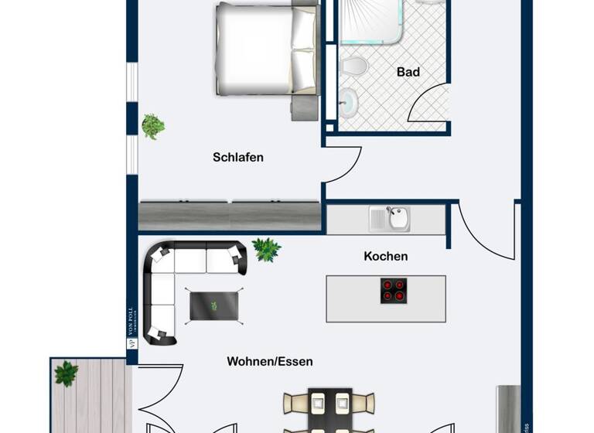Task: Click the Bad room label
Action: click(408, 72)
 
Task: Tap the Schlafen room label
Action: click(238, 157)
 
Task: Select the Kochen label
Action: click(385, 256)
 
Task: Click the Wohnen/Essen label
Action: click(270, 361)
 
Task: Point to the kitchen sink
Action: click(398, 218)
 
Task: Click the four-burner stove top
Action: click(393, 290)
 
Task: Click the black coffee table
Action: click(216, 304)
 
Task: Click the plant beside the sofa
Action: click(266, 248)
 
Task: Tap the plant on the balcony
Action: click(67, 373)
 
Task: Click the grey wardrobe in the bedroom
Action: click(229, 214)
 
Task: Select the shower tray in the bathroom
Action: click(371, 19)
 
